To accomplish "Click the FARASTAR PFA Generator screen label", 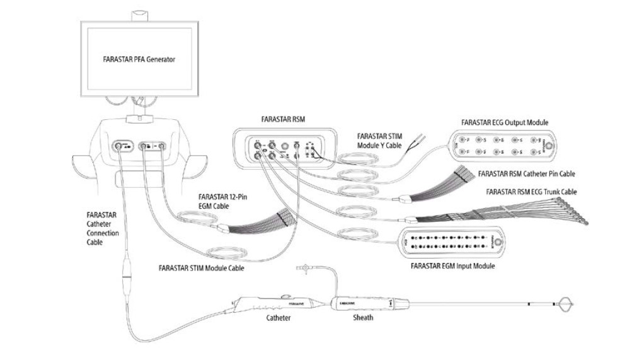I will [x=139, y=60].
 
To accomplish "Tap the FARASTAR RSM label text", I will [x=278, y=118].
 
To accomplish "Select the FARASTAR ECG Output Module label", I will [x=505, y=122].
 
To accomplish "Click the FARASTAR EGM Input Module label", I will [x=452, y=266].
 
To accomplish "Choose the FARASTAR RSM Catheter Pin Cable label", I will [x=526, y=173].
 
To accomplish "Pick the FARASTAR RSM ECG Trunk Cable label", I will [x=531, y=192].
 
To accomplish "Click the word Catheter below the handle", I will [x=277, y=318].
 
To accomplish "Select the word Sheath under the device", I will [x=362, y=318].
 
